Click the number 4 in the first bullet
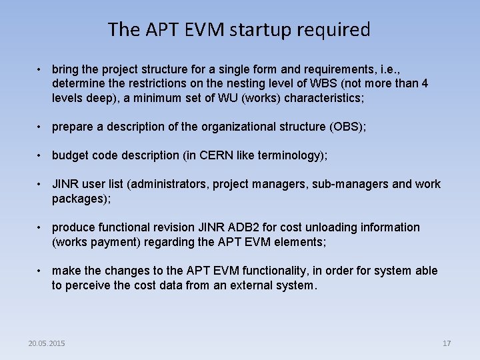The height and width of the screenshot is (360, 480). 425,84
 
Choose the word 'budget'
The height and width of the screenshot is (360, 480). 70,155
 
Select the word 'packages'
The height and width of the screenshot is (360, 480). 79,198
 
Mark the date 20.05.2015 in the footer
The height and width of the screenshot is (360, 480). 47,343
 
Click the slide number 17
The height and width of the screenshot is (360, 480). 447,343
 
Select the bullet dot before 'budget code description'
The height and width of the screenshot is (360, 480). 41,156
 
